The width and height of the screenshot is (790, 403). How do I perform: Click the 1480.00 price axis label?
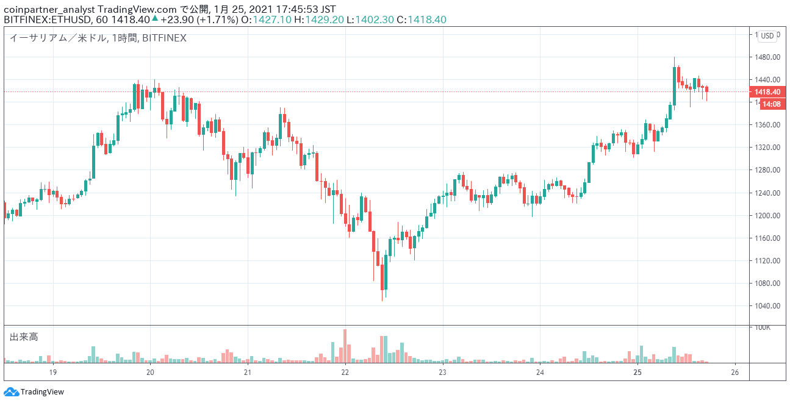pos(767,57)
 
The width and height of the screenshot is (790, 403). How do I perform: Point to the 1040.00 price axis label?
pos(767,306)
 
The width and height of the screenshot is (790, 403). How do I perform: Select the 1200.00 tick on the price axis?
pos(767,215)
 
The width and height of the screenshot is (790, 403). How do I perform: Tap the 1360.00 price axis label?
pos(767,125)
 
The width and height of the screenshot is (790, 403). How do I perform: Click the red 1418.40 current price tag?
pos(767,92)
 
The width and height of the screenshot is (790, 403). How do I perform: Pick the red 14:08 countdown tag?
pos(772,104)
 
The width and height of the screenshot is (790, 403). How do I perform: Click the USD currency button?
pos(767,36)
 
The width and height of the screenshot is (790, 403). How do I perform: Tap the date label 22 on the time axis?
pos(345,373)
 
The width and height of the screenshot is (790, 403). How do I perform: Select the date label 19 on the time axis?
pos(52,373)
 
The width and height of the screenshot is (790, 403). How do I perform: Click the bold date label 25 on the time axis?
pos(637,373)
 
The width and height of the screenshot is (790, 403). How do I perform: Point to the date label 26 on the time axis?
pos(734,373)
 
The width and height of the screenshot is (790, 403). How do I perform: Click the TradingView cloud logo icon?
pos(11,391)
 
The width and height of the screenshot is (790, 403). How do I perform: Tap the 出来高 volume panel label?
pos(24,337)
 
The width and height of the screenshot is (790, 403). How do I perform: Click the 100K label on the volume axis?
pos(763,327)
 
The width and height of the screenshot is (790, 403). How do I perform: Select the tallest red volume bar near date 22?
pos(345,346)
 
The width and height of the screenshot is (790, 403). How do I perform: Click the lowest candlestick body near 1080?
pos(382,277)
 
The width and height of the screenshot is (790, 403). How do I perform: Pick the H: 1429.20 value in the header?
pos(319,20)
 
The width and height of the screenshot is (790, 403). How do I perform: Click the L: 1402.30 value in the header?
pos(370,20)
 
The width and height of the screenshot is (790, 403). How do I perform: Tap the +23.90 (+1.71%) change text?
pos(199,20)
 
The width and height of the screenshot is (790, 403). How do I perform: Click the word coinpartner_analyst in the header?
pos(49,9)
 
